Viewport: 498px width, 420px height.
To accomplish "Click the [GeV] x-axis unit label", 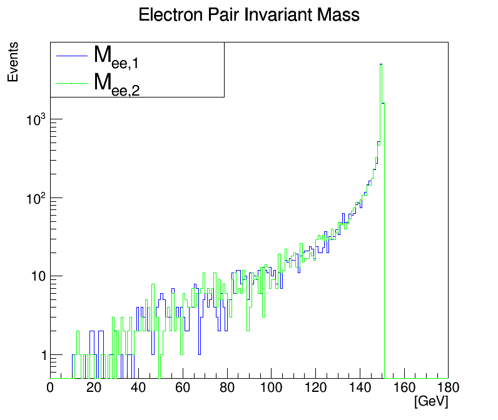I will [x=430, y=401].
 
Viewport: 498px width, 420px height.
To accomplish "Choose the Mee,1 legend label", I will [x=116, y=57].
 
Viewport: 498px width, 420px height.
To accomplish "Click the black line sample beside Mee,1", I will [x=70, y=56].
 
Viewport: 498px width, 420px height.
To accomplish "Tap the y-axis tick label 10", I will [x=36, y=277].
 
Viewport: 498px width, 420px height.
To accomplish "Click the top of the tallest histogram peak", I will [x=380, y=64].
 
